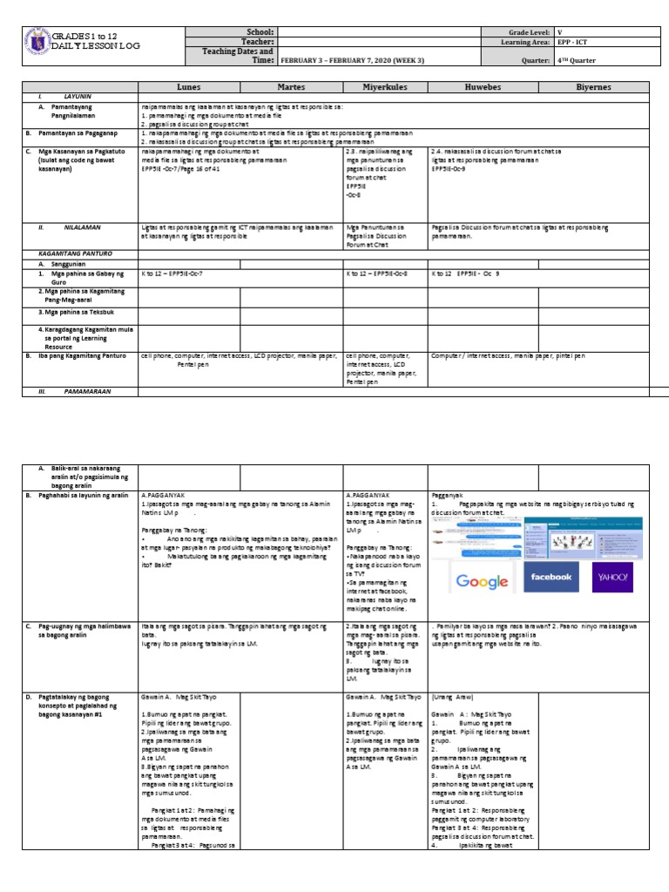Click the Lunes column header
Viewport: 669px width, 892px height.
(x=189, y=87)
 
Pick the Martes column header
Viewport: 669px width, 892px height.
(x=292, y=87)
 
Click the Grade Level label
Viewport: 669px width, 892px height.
(x=527, y=31)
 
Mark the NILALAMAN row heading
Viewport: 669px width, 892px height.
(x=82, y=226)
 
